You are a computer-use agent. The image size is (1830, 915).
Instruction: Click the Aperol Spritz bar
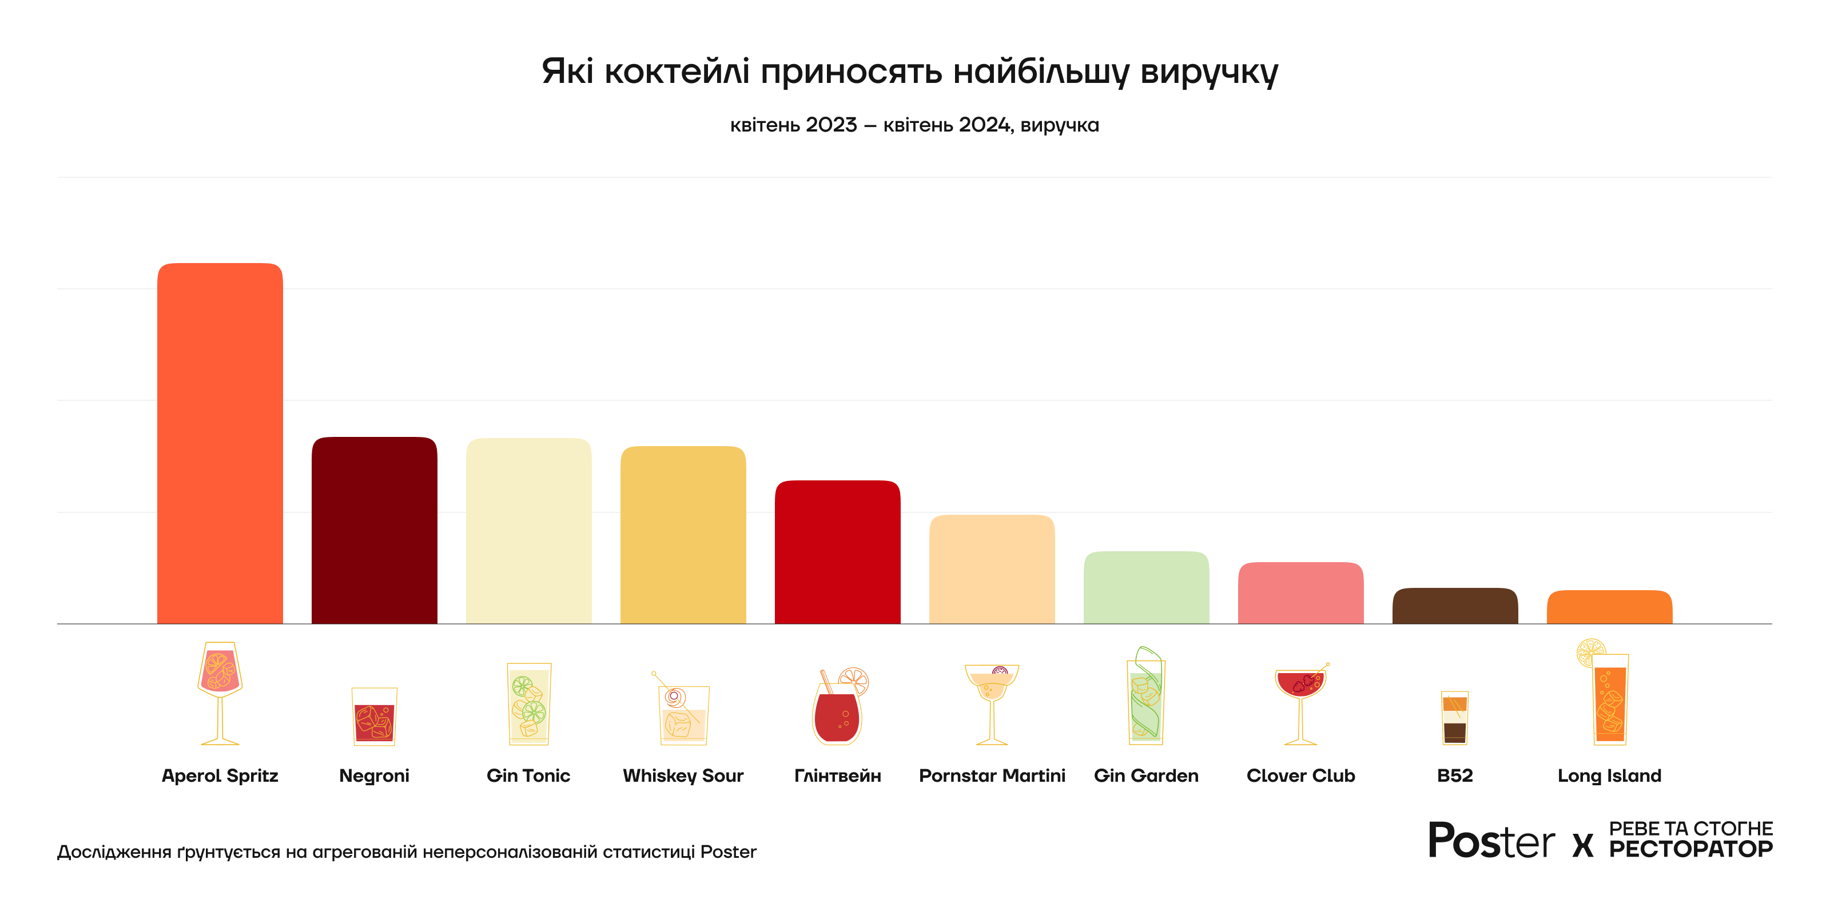(220, 443)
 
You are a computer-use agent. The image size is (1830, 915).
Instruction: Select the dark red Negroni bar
(375, 530)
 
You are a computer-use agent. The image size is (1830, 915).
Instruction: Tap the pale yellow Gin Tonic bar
(528, 531)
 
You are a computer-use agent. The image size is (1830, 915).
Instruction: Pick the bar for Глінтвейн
(838, 552)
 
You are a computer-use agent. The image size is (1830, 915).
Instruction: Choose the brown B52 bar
(1455, 606)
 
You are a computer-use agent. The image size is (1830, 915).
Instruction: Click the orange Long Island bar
(1609, 607)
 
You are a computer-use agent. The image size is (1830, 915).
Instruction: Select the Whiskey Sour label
(683, 776)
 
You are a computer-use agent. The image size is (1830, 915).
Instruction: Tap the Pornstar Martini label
(992, 776)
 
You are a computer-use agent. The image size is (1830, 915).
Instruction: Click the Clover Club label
(1301, 776)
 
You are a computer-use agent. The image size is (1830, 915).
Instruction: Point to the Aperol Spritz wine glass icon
(220, 693)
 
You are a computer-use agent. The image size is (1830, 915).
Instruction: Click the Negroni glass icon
(375, 716)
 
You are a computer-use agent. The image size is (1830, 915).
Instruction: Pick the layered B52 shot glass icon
(1454, 718)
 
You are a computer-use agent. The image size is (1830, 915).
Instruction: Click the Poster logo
(1491, 841)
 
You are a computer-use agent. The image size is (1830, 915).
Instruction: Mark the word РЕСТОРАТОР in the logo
(1691, 849)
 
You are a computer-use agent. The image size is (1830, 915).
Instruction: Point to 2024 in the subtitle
(984, 125)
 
